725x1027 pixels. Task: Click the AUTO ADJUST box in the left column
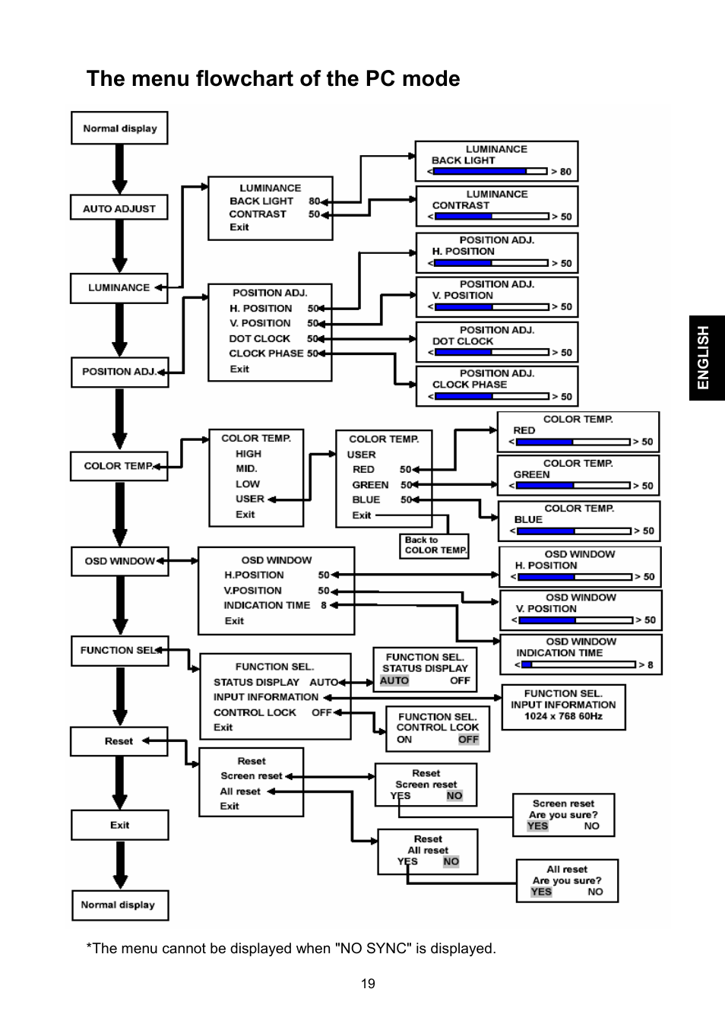(119, 208)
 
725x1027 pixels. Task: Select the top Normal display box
(119, 128)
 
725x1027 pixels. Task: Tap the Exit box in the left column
(119, 825)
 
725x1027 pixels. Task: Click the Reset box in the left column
(119, 741)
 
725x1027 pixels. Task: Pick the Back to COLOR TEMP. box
(435, 545)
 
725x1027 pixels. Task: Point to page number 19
(368, 984)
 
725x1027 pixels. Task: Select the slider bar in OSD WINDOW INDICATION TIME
(578, 664)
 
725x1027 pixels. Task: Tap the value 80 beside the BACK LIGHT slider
(565, 172)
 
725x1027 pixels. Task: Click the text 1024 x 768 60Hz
(563, 716)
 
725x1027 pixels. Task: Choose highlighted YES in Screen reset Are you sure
(537, 826)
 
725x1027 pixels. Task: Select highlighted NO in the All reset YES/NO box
(451, 861)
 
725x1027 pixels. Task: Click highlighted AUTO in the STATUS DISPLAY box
(394, 680)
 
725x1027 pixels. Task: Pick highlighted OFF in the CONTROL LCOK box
(468, 739)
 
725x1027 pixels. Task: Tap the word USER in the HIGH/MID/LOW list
(250, 499)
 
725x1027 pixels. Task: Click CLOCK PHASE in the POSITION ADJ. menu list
(266, 353)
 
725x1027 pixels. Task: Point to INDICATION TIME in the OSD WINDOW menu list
(267, 605)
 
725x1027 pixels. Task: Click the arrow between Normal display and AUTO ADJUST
(119, 169)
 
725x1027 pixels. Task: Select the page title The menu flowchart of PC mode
(273, 78)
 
